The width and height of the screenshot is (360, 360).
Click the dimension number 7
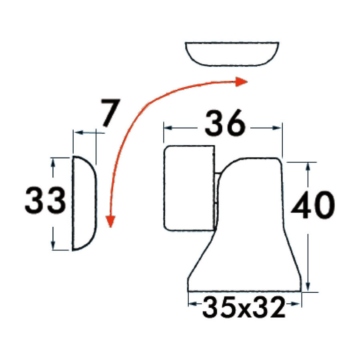click(x=111, y=112)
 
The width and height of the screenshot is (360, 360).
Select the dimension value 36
click(x=225, y=123)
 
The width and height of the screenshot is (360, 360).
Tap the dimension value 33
click(x=45, y=200)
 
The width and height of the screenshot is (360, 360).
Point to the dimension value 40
click(x=313, y=205)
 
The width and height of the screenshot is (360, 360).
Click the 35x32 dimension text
click(x=244, y=307)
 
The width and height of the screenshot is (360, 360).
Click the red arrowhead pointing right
click(x=241, y=82)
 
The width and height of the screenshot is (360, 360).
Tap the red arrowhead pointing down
click(x=110, y=222)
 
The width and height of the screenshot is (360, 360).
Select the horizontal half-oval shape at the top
click(x=232, y=54)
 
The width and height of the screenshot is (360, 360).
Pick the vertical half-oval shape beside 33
click(x=84, y=203)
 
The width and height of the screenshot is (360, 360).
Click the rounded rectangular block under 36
click(x=189, y=188)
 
